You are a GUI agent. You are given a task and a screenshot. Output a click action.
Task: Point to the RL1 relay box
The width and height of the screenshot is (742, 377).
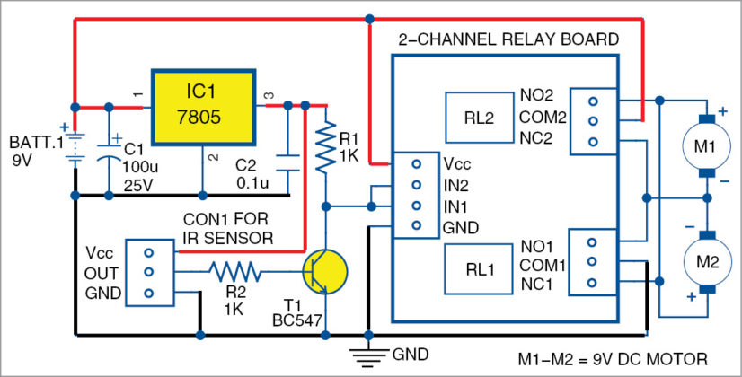(x=478, y=267)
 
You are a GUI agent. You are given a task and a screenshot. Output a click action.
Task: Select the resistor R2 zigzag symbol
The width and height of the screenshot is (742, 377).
(x=235, y=269)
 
